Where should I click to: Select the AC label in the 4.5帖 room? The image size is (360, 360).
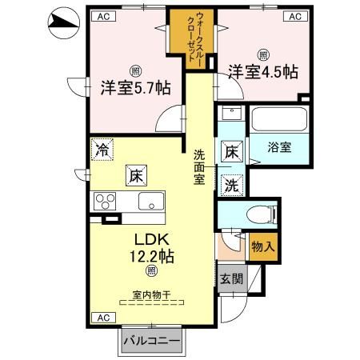coord(294,15)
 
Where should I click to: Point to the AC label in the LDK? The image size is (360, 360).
coord(103,318)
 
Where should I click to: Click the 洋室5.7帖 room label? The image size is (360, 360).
coord(134,87)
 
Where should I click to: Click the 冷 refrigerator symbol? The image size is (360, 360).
coord(102,150)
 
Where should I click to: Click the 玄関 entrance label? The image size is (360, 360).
coord(231,278)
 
